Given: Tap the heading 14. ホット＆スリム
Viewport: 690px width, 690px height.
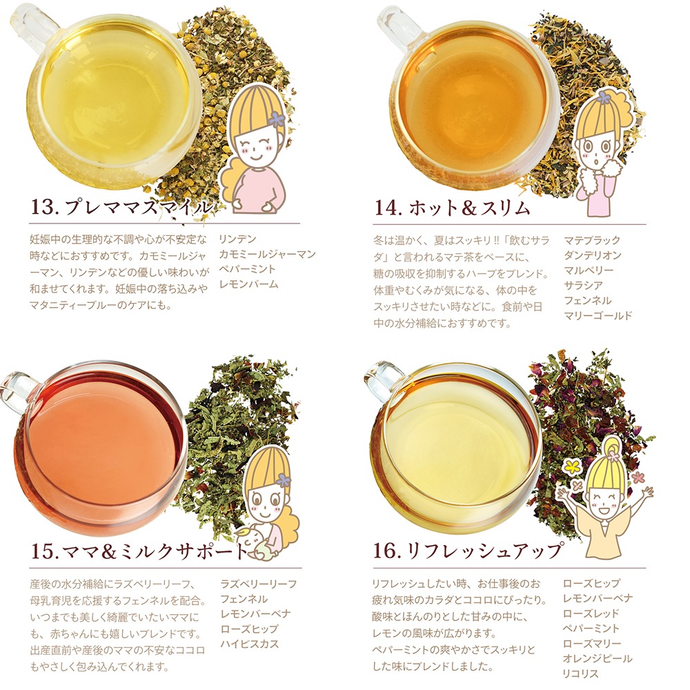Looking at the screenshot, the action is point(453,207).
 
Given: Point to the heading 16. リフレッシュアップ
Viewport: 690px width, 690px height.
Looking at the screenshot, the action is point(468,550).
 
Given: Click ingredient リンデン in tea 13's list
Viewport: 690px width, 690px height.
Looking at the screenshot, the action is point(237,239).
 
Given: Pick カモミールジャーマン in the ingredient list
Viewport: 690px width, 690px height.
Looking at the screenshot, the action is point(268,254).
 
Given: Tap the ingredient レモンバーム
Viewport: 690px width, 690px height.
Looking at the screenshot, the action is point(249,284).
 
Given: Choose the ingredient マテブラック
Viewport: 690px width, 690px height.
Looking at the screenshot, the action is point(592,240).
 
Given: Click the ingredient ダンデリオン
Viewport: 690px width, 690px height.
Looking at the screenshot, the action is point(593,255).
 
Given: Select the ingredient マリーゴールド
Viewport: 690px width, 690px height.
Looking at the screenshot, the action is point(598,315).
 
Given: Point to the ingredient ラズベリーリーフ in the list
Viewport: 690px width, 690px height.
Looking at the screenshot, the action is point(259,584).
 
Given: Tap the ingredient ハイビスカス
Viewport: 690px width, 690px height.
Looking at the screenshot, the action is point(250,644).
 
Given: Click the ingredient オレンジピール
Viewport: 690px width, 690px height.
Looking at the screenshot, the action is point(598,658).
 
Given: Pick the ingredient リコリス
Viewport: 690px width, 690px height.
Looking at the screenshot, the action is point(581,673).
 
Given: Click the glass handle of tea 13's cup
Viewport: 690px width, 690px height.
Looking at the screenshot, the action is point(32,26).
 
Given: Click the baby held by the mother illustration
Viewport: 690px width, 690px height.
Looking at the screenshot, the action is point(250,544).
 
